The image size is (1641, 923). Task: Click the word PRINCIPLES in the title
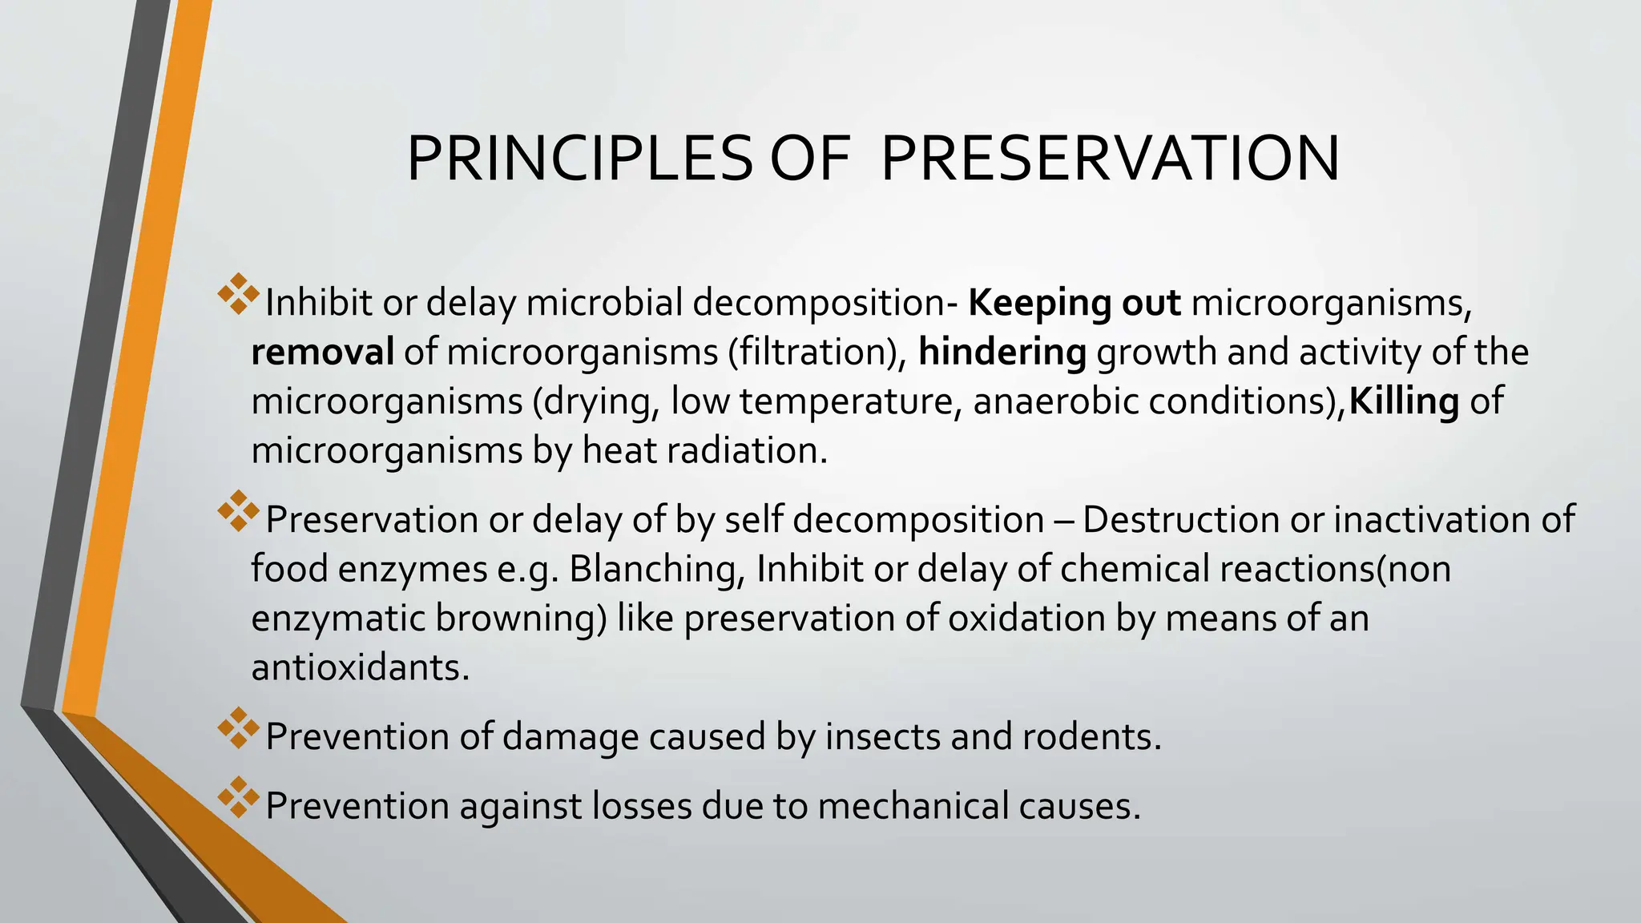tap(579, 159)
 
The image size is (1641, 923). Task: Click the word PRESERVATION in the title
tap(1110, 159)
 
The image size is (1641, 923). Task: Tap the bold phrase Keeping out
tap(1074, 303)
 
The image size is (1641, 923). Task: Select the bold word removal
tap(322, 353)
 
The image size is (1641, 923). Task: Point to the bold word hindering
tap(1002, 353)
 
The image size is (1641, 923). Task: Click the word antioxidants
tap(360, 667)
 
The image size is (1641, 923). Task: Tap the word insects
tap(882, 736)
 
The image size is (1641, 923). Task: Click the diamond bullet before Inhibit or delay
tap(238, 293)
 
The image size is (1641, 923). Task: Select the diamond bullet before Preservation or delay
tap(238, 510)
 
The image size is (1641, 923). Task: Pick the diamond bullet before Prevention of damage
tap(238, 728)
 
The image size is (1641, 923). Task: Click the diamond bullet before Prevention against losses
tap(238, 796)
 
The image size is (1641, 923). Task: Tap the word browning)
tap(521, 619)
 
